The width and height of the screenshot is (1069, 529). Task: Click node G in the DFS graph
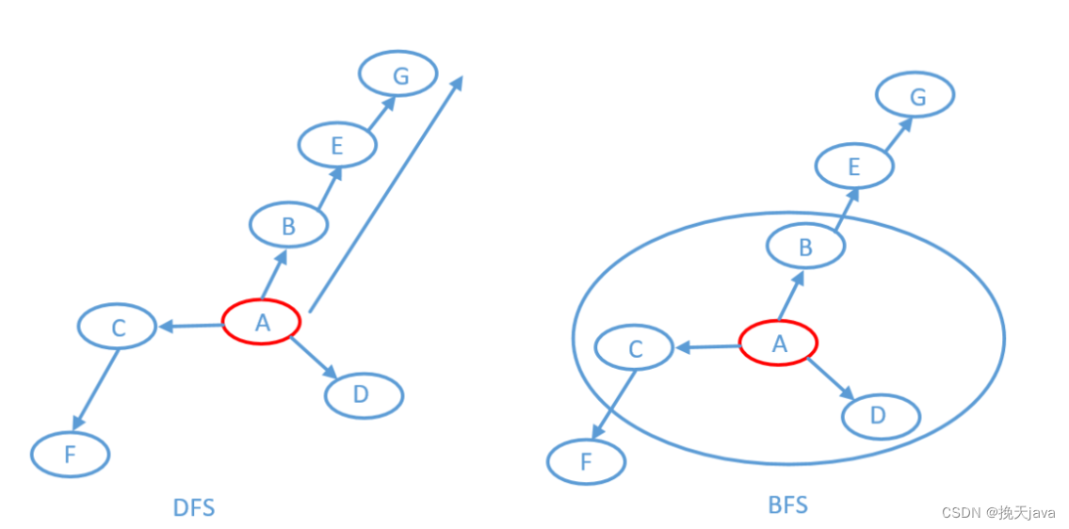tap(398, 75)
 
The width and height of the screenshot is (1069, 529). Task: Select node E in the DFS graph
tap(337, 146)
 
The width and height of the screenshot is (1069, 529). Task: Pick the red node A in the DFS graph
tap(262, 323)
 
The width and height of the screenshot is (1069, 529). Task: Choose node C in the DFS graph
tap(117, 328)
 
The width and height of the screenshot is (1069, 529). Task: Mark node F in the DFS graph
tap(70, 456)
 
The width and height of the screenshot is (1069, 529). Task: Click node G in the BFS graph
tap(915, 96)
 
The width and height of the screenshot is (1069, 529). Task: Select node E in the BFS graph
tap(853, 168)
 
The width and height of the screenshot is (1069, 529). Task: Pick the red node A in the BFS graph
tap(778, 345)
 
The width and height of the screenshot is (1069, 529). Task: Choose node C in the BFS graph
tap(634, 349)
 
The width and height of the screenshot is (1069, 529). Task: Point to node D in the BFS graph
tap(880, 416)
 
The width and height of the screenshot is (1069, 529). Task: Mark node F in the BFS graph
tap(586, 462)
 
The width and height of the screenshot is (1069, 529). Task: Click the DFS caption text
tap(194, 508)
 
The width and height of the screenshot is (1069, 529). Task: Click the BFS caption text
tap(787, 505)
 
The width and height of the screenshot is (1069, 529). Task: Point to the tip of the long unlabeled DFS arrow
tap(461, 79)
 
